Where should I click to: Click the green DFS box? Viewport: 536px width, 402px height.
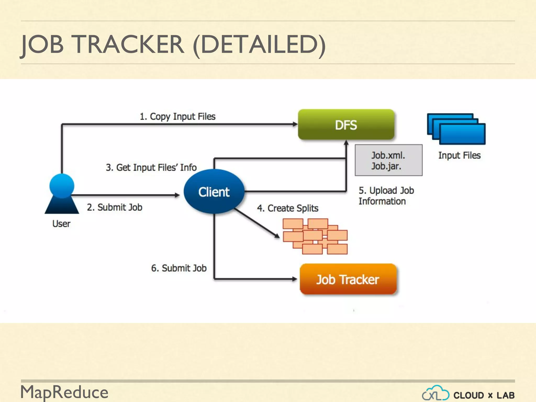coord(346,125)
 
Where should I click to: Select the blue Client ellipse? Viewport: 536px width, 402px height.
coord(214,192)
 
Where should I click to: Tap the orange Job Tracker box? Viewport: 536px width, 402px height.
coord(348,279)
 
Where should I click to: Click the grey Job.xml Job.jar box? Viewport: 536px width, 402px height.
coord(388,160)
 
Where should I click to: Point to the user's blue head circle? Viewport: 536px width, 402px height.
coord(62,186)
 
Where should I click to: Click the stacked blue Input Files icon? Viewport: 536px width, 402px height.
coord(456,129)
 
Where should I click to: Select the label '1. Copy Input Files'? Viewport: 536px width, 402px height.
coord(177,116)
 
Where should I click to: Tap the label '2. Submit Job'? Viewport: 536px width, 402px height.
coord(115,207)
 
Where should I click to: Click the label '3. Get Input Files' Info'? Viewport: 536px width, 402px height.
coord(151,167)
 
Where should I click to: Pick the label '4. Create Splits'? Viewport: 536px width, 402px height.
coord(288,208)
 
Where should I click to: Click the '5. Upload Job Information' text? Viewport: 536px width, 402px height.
coord(386,196)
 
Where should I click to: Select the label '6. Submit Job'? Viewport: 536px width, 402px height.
coord(179,268)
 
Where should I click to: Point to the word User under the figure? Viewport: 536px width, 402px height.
coord(61,224)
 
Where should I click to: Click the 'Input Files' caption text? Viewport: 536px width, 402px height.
coord(459,155)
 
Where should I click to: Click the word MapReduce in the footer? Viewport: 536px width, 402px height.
coord(64,392)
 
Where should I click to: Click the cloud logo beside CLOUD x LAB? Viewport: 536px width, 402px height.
coord(435,393)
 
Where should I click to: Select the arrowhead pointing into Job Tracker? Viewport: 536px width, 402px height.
coord(295,279)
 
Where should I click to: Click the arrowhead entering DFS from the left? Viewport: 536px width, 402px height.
coord(295,124)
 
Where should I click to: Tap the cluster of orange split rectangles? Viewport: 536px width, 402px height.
coord(315,236)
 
